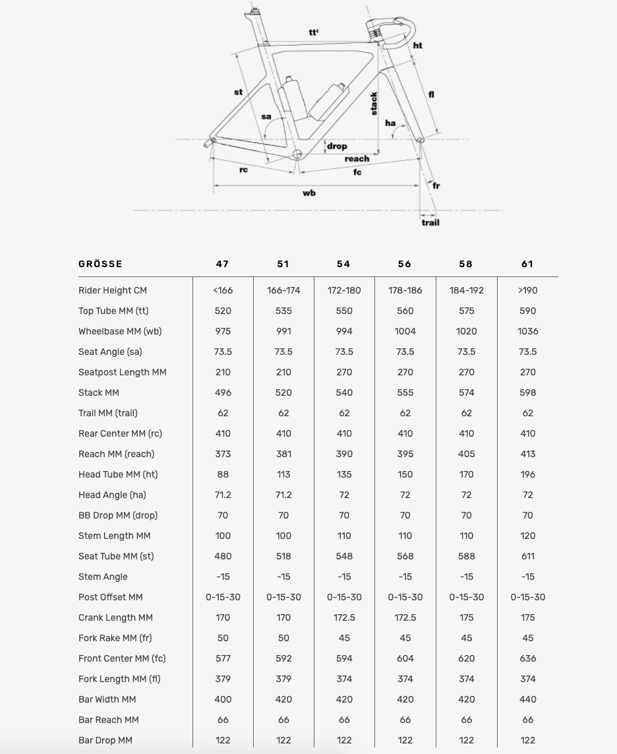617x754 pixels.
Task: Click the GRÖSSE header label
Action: pos(100,264)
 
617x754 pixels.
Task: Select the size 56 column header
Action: pos(405,264)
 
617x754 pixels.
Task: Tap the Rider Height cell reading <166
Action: pos(223,290)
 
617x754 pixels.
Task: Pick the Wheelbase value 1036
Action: pos(527,331)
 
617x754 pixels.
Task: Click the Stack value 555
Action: pos(405,393)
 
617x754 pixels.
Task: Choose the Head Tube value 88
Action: pos(223,474)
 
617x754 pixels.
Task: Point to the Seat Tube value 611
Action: pos(527,556)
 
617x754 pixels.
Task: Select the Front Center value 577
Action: pos(223,658)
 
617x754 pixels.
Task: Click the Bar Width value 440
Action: pos(527,699)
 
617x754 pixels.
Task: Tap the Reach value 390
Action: pos(344,454)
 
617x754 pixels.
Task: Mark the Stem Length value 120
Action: pos(527,536)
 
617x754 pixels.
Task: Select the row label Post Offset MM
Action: pos(110,597)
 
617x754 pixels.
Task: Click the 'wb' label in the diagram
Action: pos(308,193)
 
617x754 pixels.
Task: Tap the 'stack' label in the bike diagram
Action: pos(374,104)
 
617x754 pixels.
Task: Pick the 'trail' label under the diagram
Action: pos(430,223)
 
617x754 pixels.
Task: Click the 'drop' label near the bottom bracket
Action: pos(337,146)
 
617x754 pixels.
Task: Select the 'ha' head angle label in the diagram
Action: pos(390,123)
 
